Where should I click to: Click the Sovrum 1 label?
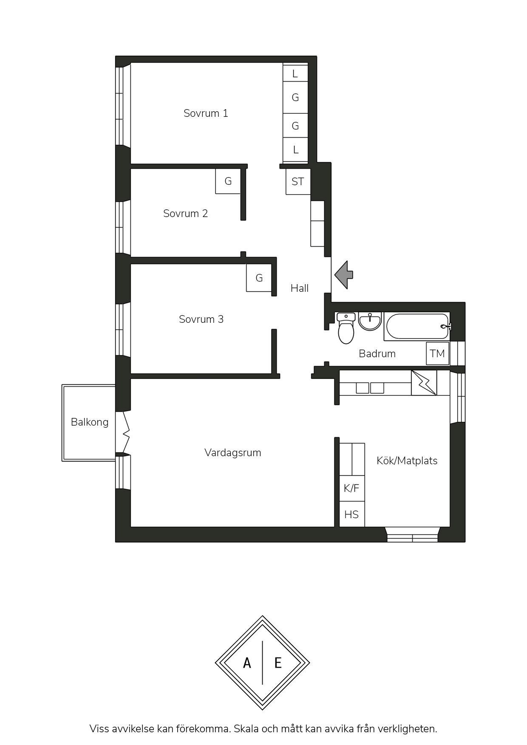tap(206, 113)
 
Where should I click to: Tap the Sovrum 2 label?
tap(185, 213)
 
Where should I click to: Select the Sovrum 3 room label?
tap(201, 319)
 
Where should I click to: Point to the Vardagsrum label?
tap(232, 453)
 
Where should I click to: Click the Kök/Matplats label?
tap(407, 461)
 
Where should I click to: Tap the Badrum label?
tap(377, 353)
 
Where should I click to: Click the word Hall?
tap(300, 288)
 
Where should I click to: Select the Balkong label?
tap(90, 422)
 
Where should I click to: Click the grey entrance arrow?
tap(343, 275)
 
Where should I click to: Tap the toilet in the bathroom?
tap(346, 327)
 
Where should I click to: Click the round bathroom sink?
tap(370, 321)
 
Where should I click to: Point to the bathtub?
tap(417, 326)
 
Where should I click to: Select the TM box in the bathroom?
tap(437, 353)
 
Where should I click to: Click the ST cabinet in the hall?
tap(297, 182)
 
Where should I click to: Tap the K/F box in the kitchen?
tap(351, 488)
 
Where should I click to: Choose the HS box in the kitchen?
tap(351, 514)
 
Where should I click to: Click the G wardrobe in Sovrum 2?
tap(228, 181)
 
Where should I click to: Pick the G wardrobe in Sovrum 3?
tap(259, 278)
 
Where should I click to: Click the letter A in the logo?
tap(247, 663)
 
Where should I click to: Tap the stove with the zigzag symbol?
tap(424, 383)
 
